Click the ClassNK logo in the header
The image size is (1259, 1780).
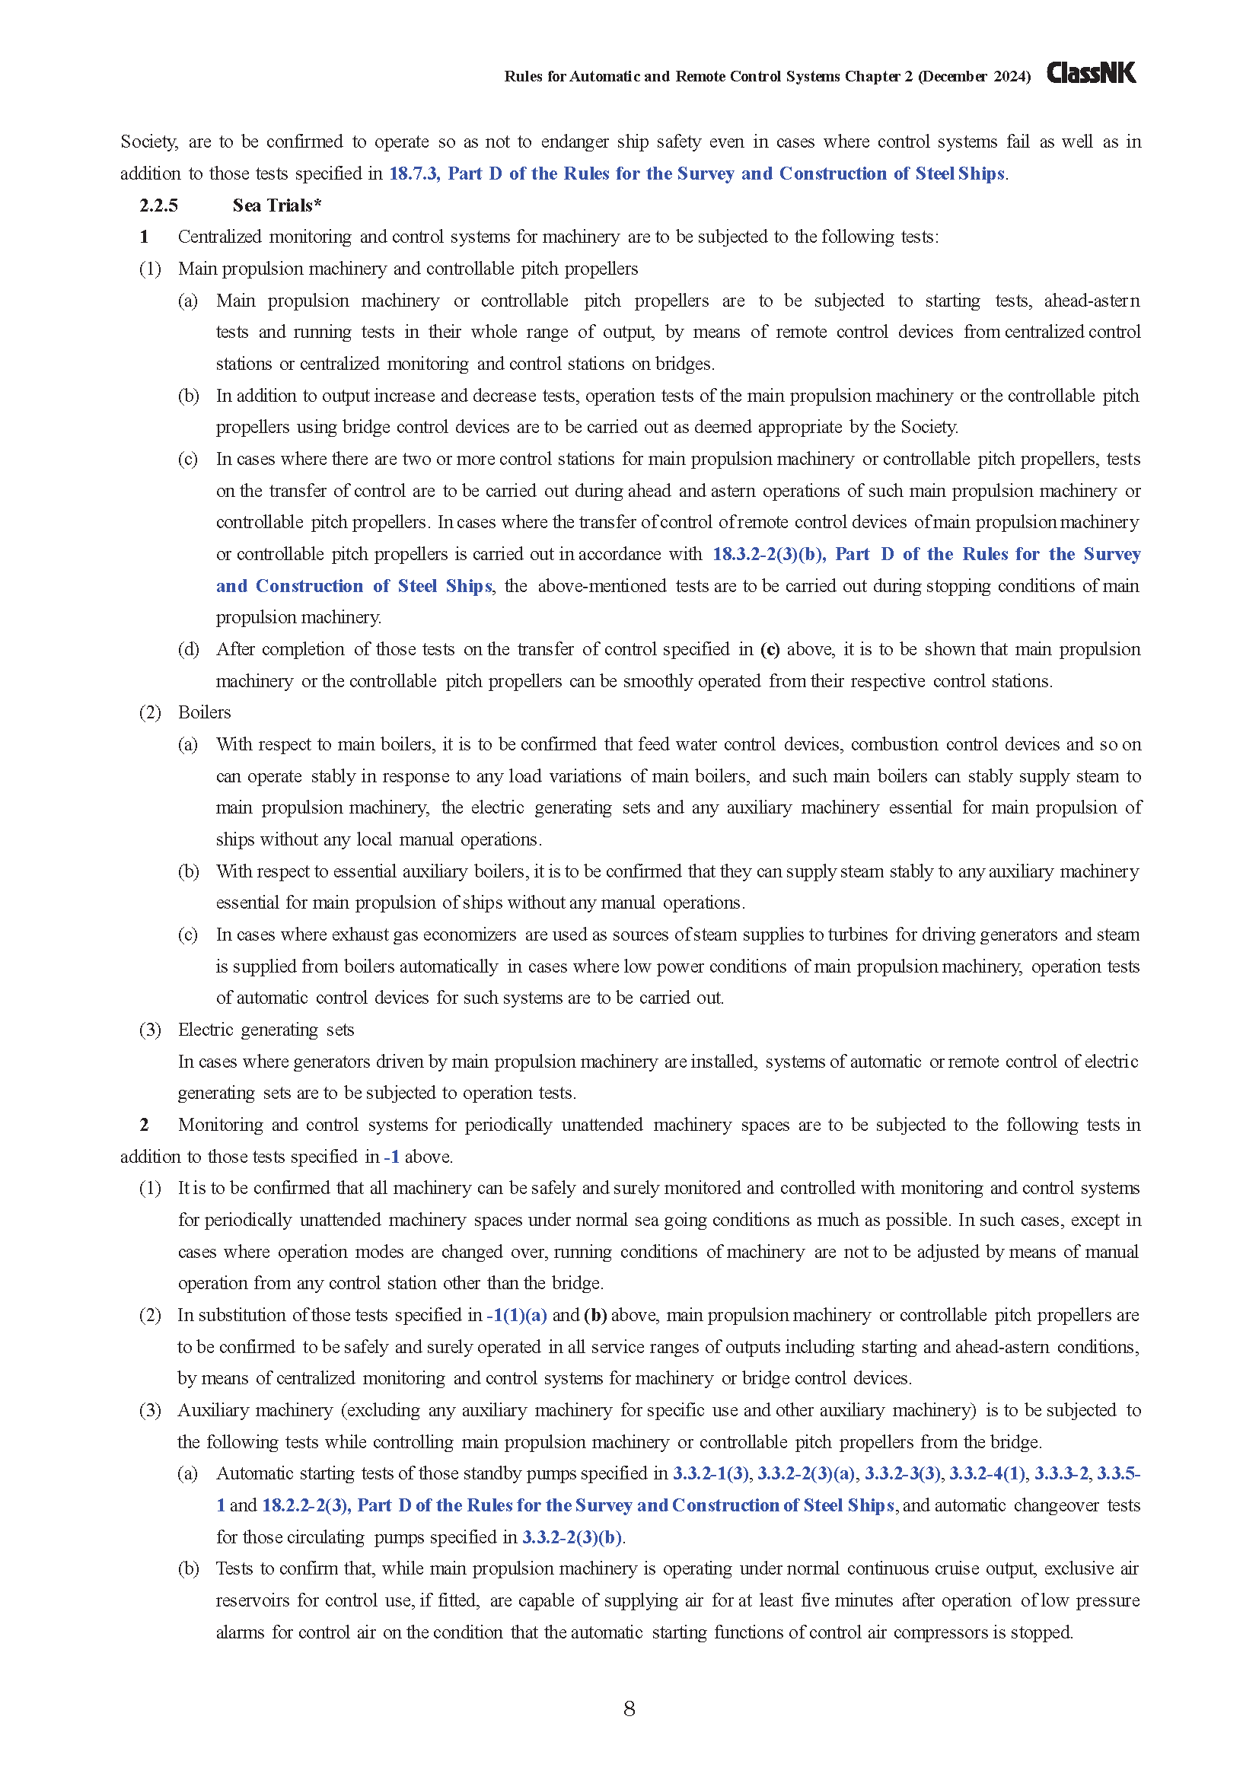[x=1091, y=74]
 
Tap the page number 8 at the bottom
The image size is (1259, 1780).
[x=629, y=1708]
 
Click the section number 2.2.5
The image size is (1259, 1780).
[x=159, y=205]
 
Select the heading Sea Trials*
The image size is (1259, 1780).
[x=277, y=205]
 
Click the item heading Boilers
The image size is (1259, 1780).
[x=205, y=712]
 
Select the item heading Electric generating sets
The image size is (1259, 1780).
[x=266, y=1030]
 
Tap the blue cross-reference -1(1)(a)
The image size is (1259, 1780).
[x=517, y=1316]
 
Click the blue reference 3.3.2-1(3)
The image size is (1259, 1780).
[x=711, y=1474]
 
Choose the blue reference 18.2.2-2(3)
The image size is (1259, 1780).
[x=306, y=1505]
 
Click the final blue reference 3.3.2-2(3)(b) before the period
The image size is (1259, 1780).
[x=572, y=1537]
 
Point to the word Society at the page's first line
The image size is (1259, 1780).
[x=149, y=142]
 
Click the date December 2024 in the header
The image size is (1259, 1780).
[x=974, y=76]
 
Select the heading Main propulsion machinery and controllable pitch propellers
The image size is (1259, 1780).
[x=408, y=269]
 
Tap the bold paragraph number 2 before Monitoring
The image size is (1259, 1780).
[x=144, y=1125]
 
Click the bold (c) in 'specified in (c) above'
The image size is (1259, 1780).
[x=770, y=650]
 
